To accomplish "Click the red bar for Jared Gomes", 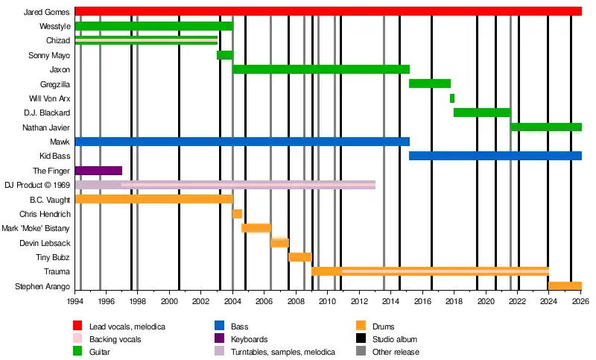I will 328,11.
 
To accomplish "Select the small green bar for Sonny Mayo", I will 224,55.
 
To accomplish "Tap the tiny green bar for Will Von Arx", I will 452,98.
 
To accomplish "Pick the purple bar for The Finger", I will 98,171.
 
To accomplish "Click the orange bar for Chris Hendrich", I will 238,214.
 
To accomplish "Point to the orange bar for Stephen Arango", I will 565,286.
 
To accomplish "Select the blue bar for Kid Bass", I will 495,156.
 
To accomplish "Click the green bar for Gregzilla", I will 430,83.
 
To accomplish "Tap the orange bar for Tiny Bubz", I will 299,257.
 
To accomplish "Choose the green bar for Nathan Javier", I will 545,127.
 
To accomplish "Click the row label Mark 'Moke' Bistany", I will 36,229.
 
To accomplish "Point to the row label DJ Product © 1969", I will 37,186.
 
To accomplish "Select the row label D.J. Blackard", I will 47,113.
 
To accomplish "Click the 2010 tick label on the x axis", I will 328,302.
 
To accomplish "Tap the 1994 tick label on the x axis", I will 75,302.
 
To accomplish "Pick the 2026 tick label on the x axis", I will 580,302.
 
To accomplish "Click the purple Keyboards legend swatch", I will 219,339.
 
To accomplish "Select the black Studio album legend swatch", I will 360,339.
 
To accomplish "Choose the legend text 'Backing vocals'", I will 115,339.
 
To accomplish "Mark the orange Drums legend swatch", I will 360,326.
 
